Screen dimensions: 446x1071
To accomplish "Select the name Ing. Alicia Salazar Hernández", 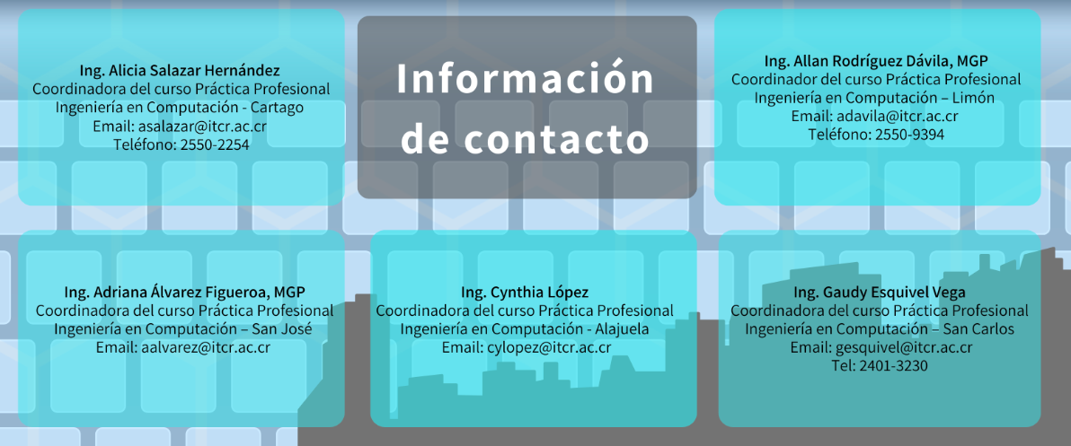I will click(x=180, y=70).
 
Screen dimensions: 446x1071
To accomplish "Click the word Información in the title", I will click(x=526, y=79).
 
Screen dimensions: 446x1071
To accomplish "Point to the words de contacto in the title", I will click(x=526, y=140).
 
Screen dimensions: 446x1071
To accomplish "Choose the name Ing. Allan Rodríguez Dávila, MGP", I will click(x=876, y=61).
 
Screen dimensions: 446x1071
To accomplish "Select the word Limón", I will click(x=971, y=98).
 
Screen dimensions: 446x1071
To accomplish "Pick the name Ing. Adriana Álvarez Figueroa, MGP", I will click(x=184, y=293).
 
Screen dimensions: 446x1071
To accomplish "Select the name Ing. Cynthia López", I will click(x=525, y=293).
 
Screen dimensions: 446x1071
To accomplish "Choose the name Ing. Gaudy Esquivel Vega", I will click(x=880, y=293).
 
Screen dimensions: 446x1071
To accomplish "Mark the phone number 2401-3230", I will click(x=892, y=366).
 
